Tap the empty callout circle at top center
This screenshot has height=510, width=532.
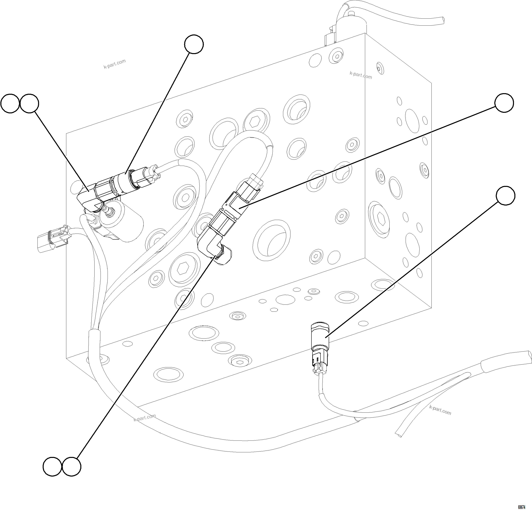194,44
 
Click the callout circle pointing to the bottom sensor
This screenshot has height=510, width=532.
505,196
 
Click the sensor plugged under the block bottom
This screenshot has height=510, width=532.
320,335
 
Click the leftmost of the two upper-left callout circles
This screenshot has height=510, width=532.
10,103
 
